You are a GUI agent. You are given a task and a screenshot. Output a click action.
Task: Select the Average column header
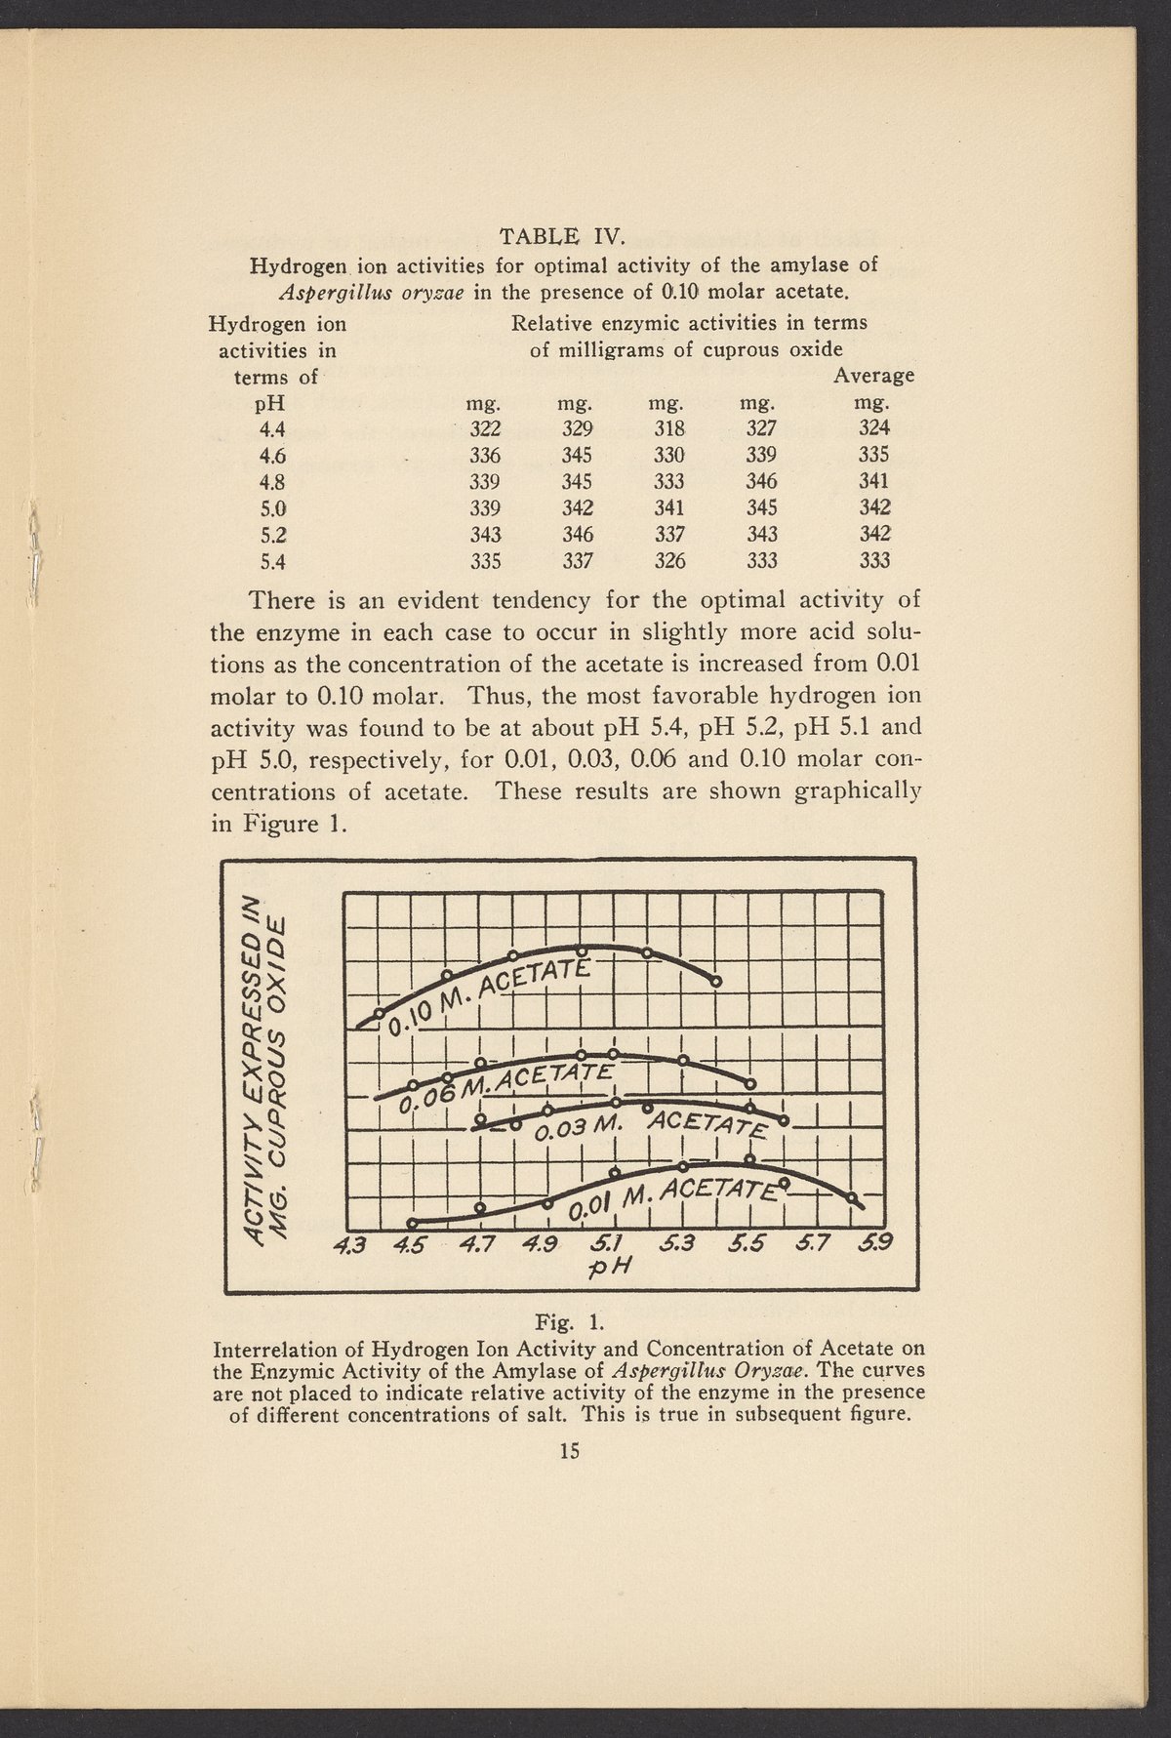coord(872,375)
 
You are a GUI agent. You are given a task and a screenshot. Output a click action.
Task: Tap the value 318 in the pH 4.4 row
coord(669,427)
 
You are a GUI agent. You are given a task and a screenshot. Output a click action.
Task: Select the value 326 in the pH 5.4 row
coord(669,560)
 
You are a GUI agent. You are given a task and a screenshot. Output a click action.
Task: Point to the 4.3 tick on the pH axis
coord(347,1244)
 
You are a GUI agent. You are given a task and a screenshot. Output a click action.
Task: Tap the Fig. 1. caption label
coord(570,1323)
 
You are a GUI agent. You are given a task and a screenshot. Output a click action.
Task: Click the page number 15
coord(570,1451)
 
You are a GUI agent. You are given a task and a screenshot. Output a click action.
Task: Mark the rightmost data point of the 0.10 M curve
coord(715,981)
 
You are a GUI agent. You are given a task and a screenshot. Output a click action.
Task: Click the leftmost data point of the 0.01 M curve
coord(412,1223)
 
